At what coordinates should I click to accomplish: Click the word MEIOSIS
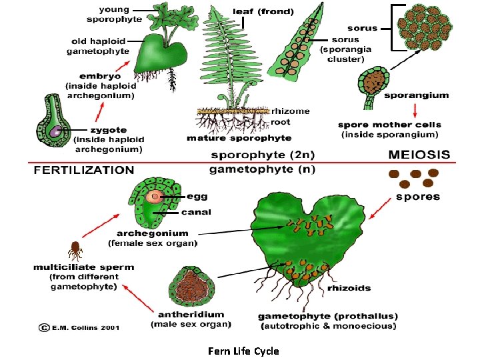[x=419, y=155]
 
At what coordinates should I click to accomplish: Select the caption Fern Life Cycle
[x=243, y=351]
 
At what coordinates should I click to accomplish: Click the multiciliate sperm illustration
[x=75, y=251]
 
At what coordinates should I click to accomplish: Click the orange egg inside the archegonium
[x=155, y=196]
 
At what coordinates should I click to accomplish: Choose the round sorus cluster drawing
[x=424, y=29]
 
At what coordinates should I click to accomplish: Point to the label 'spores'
[x=418, y=197]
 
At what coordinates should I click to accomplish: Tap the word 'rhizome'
[x=290, y=111]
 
